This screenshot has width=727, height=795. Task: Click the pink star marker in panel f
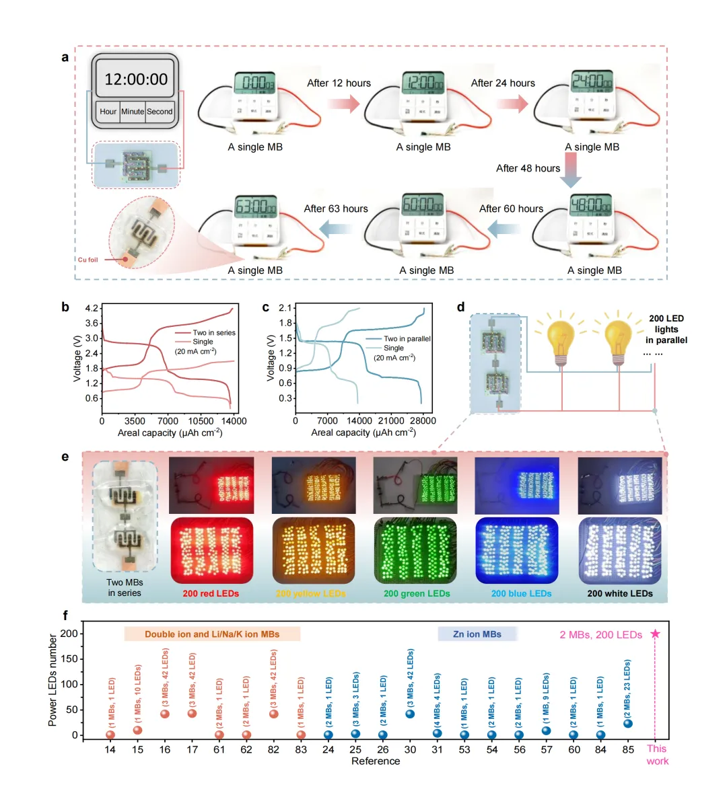[656, 634]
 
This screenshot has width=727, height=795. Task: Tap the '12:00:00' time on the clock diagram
[136, 79]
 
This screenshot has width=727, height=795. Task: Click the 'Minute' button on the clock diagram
[133, 112]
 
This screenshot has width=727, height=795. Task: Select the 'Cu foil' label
[88, 260]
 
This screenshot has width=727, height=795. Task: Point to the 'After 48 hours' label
[528, 168]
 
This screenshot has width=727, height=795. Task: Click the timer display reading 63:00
[256, 206]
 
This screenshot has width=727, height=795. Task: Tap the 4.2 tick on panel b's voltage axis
[92, 308]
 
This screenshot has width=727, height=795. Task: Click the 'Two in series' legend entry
[213, 333]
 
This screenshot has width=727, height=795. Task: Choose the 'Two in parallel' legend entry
[407, 339]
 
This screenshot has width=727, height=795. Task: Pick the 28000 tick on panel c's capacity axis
[423, 421]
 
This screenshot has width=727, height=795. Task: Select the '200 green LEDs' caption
[417, 594]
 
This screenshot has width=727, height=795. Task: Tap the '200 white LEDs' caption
[620, 594]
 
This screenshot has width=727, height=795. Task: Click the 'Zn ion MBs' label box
[477, 634]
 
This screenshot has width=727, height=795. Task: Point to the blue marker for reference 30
[410, 714]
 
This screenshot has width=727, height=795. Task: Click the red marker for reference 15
[138, 730]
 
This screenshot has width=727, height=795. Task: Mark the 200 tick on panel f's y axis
[69, 634]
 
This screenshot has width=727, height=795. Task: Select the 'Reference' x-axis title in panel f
[376, 761]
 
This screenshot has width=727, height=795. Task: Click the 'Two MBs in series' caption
[125, 588]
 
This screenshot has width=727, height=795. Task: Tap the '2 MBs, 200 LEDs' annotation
[600, 635]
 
